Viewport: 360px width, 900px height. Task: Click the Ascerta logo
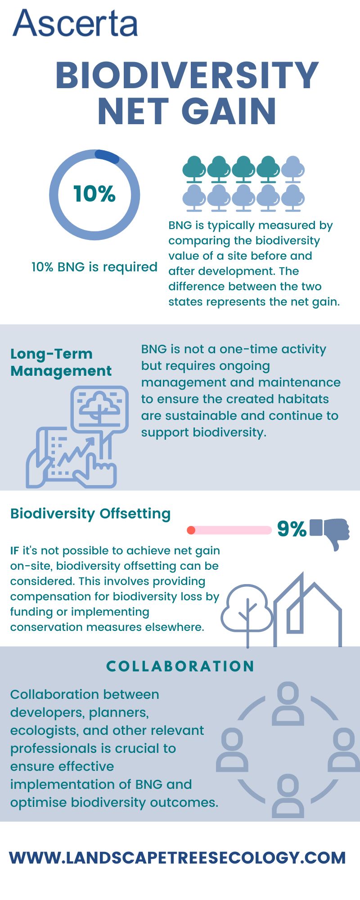tap(75, 23)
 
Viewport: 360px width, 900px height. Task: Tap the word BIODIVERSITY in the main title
tap(187, 76)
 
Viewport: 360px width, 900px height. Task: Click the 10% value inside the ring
tap(94, 193)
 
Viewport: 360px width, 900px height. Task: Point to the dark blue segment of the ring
tap(107, 155)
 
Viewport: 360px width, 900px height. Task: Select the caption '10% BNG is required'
tap(94, 267)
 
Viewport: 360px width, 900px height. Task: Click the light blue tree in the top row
tap(293, 169)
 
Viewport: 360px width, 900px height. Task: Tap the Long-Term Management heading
tap(61, 362)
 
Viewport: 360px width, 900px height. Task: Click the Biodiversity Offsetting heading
tap(90, 513)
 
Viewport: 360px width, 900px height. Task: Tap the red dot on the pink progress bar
tap(191, 530)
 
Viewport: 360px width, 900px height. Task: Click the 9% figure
tap(292, 529)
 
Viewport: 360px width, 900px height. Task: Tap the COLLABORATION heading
tap(180, 666)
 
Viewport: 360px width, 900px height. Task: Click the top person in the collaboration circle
tap(288, 703)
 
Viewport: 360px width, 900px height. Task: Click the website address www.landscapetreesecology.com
tap(178, 858)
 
